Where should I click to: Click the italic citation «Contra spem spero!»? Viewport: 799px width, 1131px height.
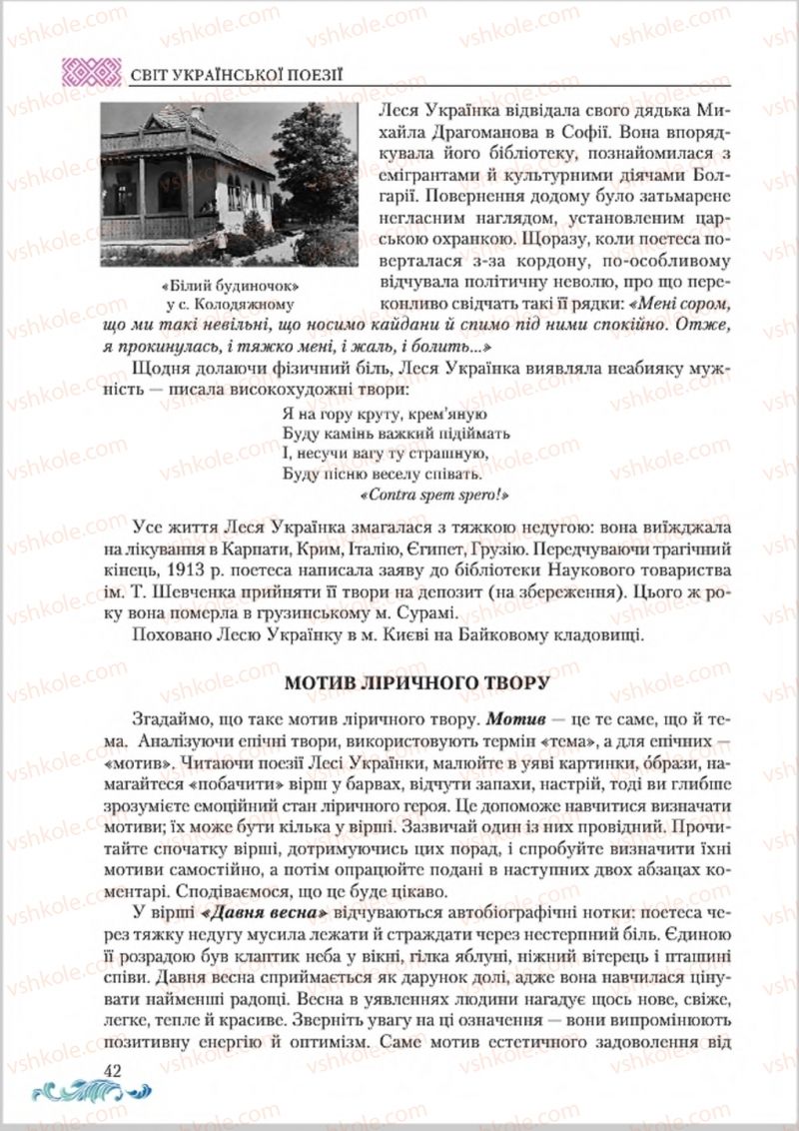pos(435,494)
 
